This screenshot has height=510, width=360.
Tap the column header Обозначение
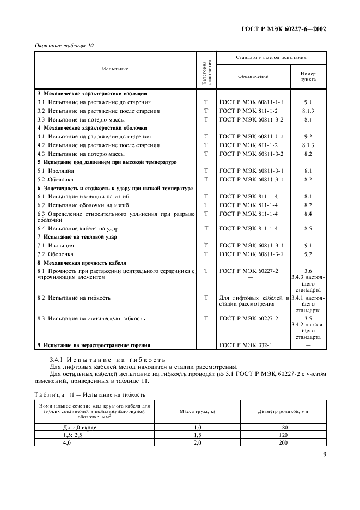(253, 76)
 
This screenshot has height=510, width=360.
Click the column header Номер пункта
(308, 76)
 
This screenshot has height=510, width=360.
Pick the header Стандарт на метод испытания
(271, 57)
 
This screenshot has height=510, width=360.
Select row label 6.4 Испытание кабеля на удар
(77, 228)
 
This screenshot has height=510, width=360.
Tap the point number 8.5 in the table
(308, 228)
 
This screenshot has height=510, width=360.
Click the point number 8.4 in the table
(308, 214)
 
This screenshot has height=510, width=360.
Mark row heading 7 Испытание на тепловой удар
(77, 237)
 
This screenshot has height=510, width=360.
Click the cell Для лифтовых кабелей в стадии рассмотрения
(253, 301)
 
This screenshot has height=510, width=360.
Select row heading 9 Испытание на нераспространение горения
(93, 344)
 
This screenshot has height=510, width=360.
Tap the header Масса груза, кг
(197, 410)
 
